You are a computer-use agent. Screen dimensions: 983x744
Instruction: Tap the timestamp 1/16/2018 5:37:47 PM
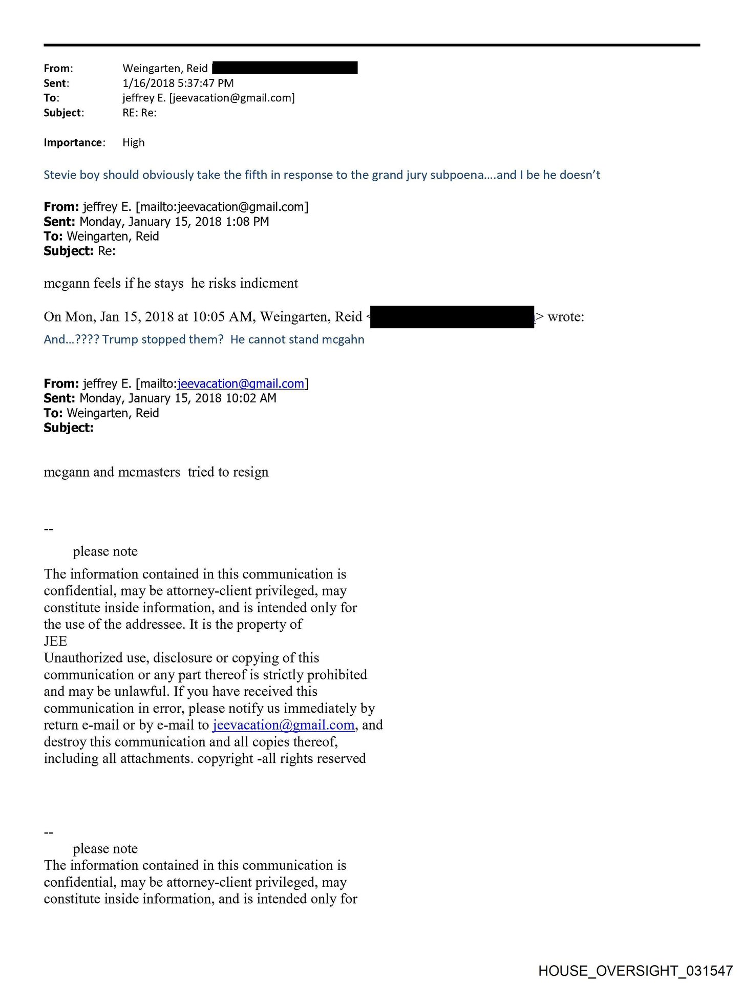(178, 83)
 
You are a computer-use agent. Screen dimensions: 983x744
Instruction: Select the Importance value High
(133, 142)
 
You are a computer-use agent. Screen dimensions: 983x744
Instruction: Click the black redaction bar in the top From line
(285, 68)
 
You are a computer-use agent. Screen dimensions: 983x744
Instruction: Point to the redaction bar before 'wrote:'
(452, 317)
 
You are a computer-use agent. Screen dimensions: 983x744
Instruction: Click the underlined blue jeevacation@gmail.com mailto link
(241, 383)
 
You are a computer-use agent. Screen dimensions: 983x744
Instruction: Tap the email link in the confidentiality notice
(283, 725)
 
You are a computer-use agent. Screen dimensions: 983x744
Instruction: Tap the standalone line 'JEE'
(55, 641)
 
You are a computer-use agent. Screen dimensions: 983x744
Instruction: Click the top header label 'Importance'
(73, 142)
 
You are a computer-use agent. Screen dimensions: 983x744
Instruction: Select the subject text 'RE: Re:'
(139, 113)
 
